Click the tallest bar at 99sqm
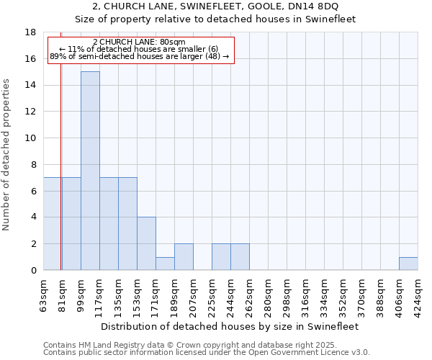coord(90,171)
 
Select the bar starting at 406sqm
coord(408,264)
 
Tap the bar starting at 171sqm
coord(165,264)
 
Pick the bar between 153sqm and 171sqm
coord(146,243)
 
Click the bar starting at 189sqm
coord(184,257)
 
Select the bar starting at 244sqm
coord(240,257)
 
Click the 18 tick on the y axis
coord(31,32)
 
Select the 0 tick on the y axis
coord(34,271)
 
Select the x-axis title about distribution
coord(230,326)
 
